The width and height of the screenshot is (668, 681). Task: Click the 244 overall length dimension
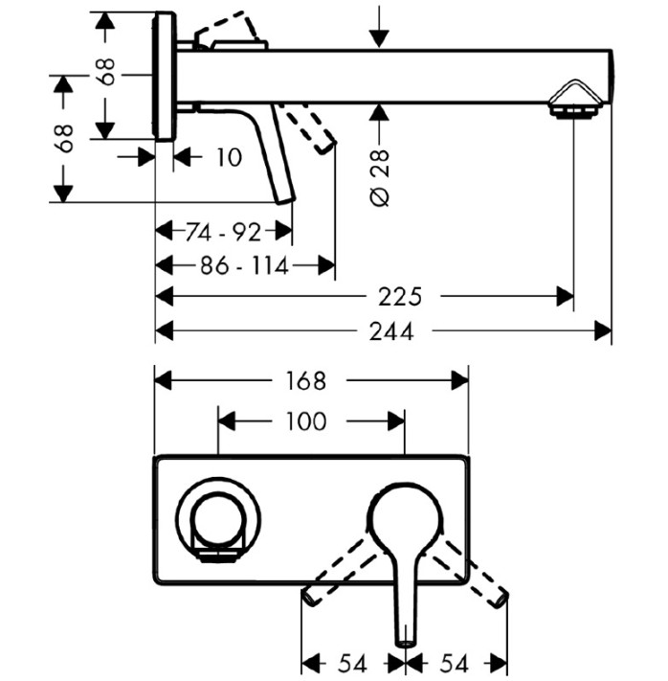[x=391, y=331]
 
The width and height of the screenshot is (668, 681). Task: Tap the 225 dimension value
[x=400, y=297]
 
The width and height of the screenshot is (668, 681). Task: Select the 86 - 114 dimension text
[x=244, y=265]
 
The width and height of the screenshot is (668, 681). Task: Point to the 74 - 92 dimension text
[x=224, y=232]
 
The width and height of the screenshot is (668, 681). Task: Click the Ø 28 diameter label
[x=379, y=178]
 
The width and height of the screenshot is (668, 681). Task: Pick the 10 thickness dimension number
[x=229, y=157]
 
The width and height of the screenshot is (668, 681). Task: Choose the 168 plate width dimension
[x=305, y=381]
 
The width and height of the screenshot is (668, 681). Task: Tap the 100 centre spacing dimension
[x=305, y=421]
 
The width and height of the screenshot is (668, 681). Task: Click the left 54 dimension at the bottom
[x=353, y=664]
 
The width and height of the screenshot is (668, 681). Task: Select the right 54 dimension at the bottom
[x=455, y=664]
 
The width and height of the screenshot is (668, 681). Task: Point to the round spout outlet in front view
[x=218, y=520]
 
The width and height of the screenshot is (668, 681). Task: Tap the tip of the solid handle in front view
[x=406, y=643]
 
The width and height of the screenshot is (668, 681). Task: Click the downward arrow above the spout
[x=379, y=27]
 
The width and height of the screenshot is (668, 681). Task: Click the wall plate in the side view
[x=165, y=77]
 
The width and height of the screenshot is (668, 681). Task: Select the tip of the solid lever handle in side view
[x=286, y=200]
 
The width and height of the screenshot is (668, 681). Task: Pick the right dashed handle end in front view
[x=501, y=598]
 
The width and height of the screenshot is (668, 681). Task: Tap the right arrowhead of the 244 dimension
[x=603, y=331]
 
